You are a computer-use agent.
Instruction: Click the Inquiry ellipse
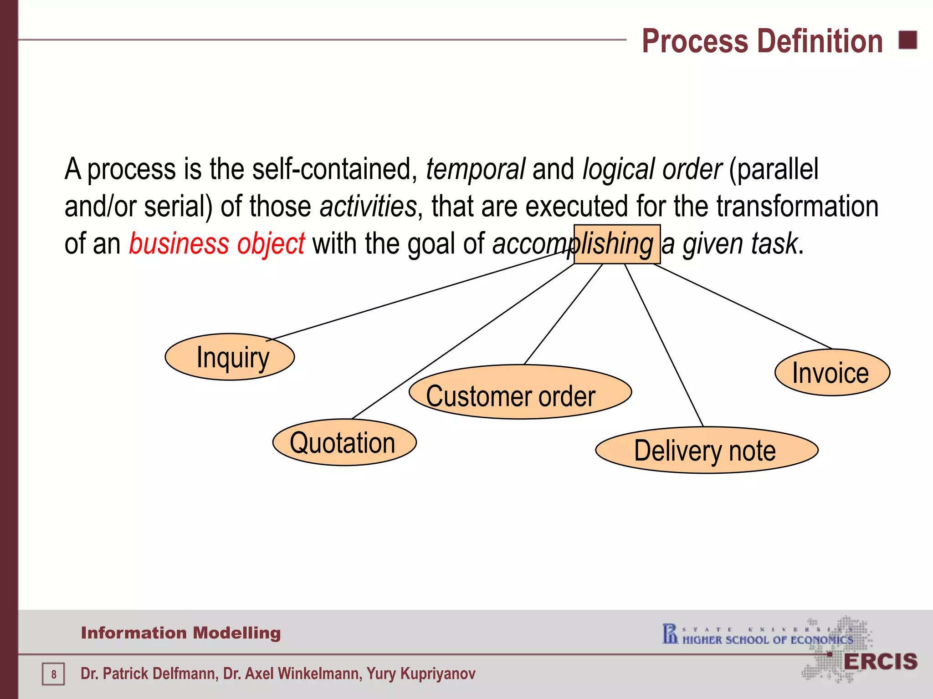[x=230, y=357]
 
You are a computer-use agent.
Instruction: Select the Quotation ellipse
[x=344, y=442]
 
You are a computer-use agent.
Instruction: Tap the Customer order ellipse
[x=520, y=392]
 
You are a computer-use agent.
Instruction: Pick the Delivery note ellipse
[x=707, y=450]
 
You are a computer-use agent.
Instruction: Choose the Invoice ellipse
[x=832, y=373]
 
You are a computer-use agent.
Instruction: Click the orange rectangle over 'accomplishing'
[x=617, y=244]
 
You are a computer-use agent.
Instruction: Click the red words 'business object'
[x=217, y=244]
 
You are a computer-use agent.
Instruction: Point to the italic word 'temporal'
[x=476, y=169]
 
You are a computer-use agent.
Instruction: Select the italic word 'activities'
[x=368, y=207]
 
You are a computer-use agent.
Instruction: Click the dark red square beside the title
[x=907, y=40]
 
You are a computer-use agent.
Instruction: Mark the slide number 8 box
[x=53, y=674]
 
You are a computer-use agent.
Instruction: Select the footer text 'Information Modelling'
[x=181, y=633]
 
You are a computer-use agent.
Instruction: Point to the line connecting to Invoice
[x=743, y=306]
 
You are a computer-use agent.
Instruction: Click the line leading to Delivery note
[x=664, y=346]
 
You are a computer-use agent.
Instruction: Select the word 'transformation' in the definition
[x=797, y=207]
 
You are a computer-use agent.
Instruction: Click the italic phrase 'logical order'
[x=652, y=169]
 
